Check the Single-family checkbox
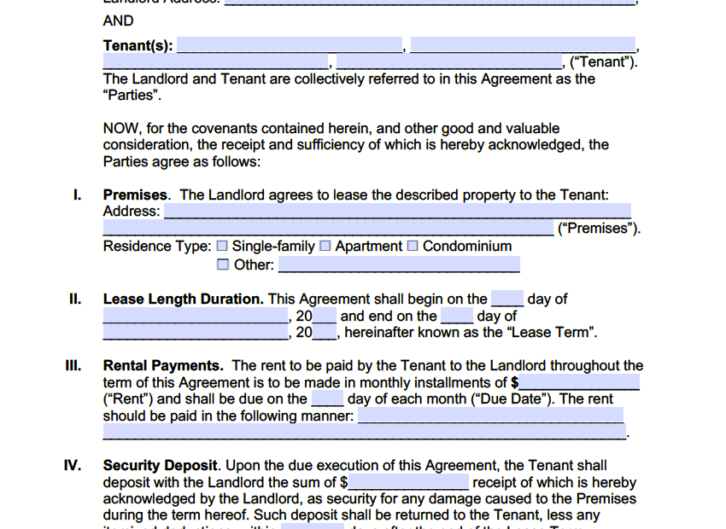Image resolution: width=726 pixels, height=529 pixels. pyautogui.click(x=222, y=247)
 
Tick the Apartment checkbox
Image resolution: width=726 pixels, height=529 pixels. pyautogui.click(x=325, y=247)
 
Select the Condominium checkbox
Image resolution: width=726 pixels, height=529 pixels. pyautogui.click(x=413, y=247)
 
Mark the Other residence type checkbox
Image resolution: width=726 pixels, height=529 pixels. pyautogui.click(x=223, y=264)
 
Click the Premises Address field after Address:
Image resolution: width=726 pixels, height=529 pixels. pyautogui.click(x=397, y=211)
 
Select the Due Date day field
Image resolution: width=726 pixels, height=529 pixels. pyautogui.click(x=327, y=398)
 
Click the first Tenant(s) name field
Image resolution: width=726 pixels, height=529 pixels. pyautogui.click(x=290, y=45)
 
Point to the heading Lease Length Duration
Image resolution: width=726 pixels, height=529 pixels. pyautogui.click(x=183, y=299)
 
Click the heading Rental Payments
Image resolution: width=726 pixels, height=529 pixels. pyautogui.click(x=163, y=366)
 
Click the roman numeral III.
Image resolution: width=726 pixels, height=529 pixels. pyautogui.click(x=73, y=366)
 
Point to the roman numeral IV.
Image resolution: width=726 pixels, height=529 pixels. pyautogui.click(x=73, y=466)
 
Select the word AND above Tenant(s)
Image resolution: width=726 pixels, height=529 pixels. pyautogui.click(x=118, y=20)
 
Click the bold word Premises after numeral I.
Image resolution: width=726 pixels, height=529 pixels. pyautogui.click(x=136, y=195)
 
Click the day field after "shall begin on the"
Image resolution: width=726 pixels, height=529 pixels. pyautogui.click(x=506, y=299)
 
